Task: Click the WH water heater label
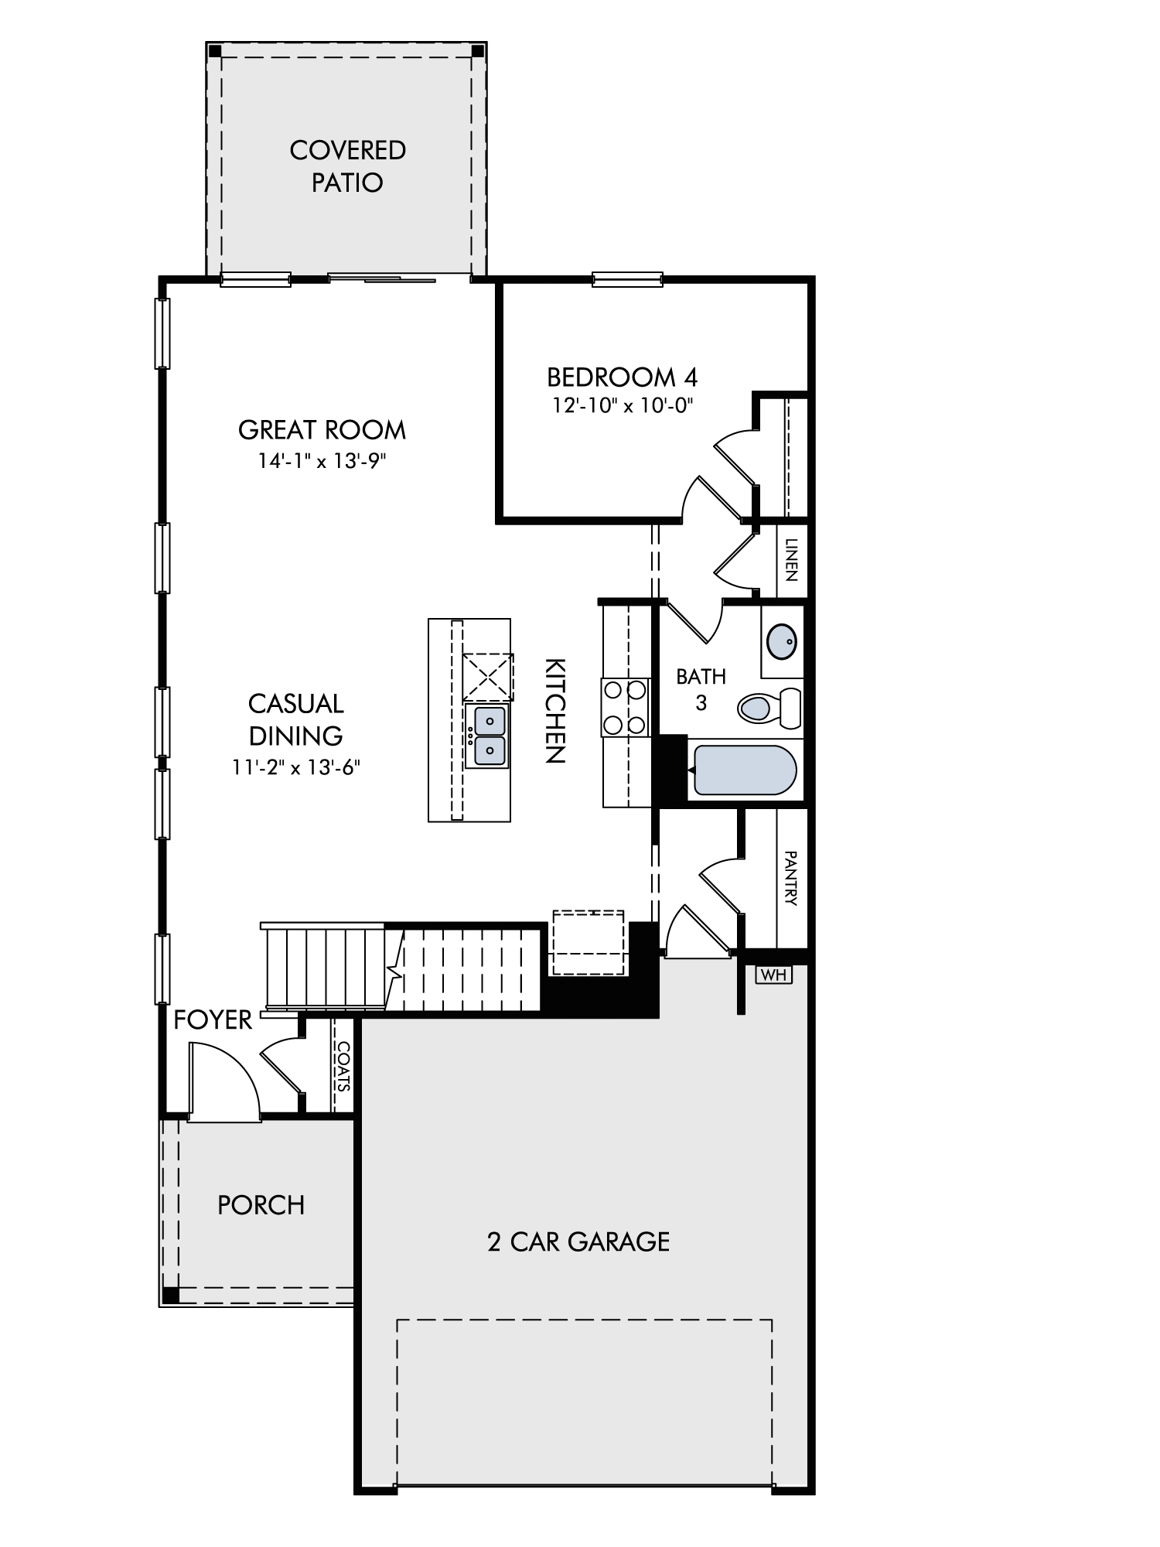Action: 773,975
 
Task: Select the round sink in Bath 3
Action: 782,640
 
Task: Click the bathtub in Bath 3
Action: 744,770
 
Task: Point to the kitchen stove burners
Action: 625,706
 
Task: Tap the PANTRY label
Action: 790,878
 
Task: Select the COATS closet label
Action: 343,1066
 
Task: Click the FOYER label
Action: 213,1020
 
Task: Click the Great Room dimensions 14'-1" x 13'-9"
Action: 322,461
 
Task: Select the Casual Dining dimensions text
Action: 297,767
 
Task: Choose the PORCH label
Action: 261,1205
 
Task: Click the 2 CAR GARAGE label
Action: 578,1241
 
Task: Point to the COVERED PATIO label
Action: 347,166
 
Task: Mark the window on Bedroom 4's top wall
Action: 627,279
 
